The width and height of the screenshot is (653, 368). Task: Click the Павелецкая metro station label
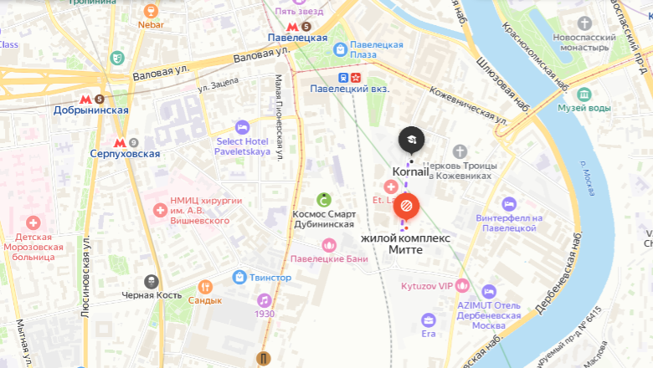297,38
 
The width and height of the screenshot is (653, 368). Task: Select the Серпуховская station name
125,154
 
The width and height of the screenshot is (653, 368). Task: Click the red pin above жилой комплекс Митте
406,203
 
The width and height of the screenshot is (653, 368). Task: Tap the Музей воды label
585,108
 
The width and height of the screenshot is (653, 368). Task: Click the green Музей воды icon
584,94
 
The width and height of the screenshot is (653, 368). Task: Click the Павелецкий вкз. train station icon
342,77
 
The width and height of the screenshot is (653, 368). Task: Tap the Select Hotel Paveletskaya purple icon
242,127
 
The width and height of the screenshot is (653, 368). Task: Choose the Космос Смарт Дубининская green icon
323,200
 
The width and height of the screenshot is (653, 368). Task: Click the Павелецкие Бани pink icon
329,245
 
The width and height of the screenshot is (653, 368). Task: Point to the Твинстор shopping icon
239,277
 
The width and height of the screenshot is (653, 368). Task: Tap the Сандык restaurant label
205,300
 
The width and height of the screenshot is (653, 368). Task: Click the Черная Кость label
151,295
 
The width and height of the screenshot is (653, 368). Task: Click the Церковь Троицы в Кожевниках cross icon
459,151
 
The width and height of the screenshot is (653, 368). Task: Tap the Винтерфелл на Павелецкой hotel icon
509,204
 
